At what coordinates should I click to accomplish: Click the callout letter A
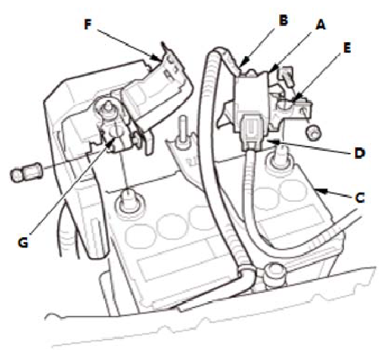coord(321,24)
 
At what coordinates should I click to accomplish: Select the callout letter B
coord(284,20)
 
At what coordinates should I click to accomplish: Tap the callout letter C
coord(359,198)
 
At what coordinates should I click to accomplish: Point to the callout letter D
coord(360,154)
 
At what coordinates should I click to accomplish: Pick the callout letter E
coord(347,48)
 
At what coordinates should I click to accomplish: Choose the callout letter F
coord(87,24)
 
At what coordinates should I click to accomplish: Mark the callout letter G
coord(23,243)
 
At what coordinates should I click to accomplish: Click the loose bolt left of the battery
coord(25,172)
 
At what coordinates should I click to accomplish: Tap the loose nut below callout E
coord(314,132)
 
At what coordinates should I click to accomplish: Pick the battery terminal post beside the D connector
coord(278,157)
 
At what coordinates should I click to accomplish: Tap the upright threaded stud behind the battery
coord(183,133)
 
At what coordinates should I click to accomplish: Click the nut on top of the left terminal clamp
coord(109,108)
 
